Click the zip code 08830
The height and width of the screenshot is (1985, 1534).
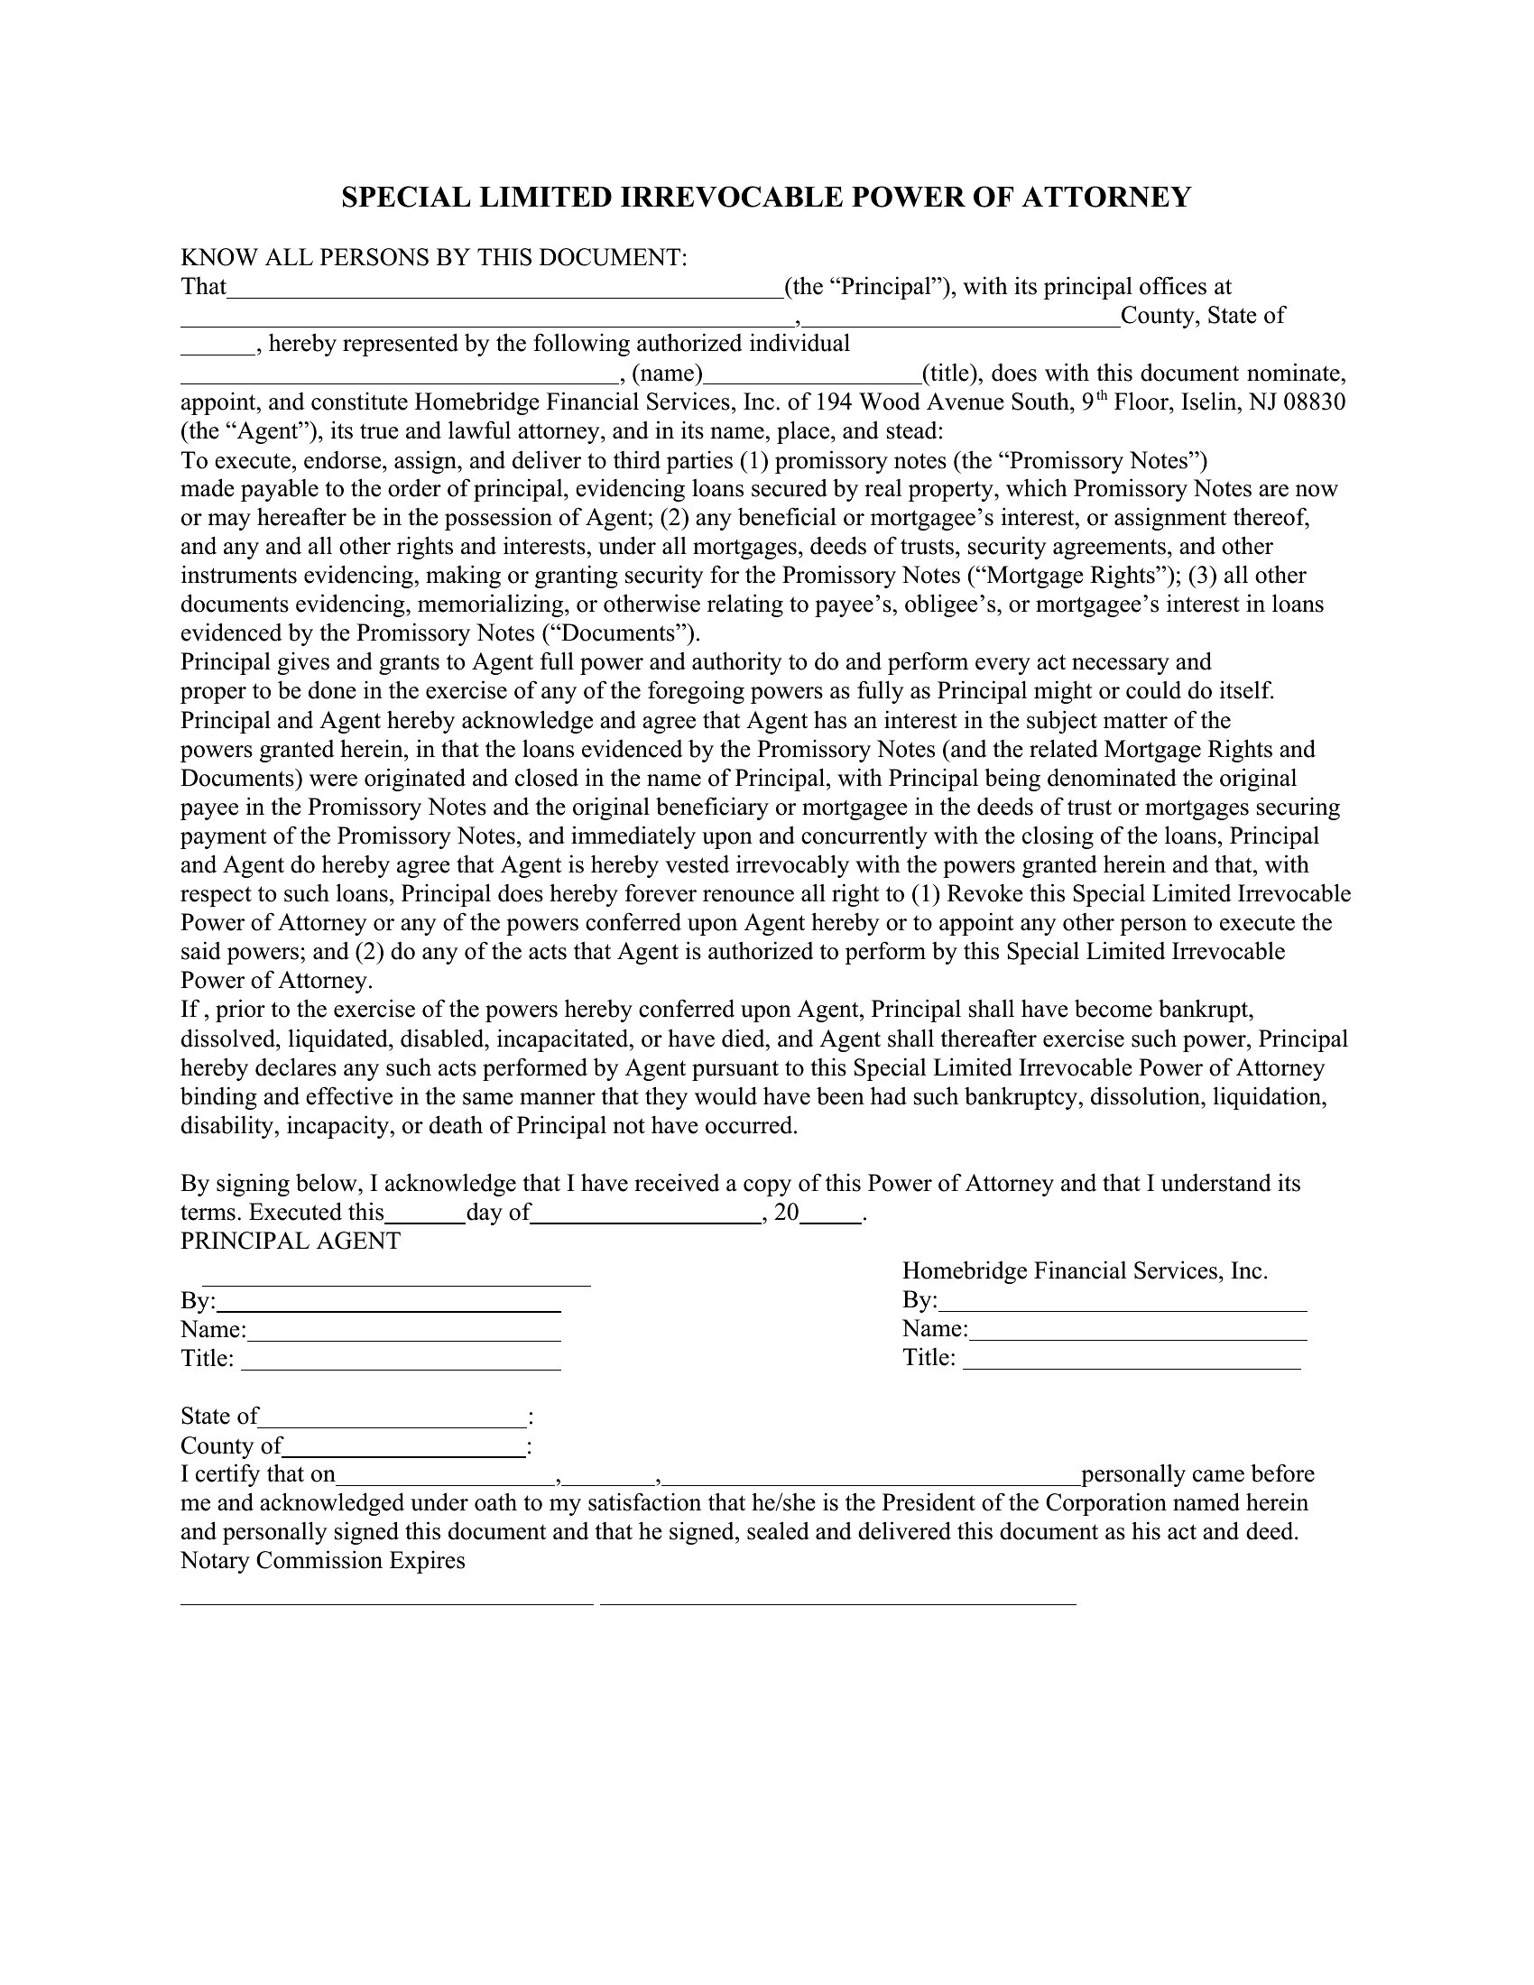(1314, 402)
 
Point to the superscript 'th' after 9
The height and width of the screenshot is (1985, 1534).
(1100, 396)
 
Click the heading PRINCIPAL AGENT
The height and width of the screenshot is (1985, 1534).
(290, 1242)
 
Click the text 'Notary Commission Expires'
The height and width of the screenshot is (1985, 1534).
(323, 1561)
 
